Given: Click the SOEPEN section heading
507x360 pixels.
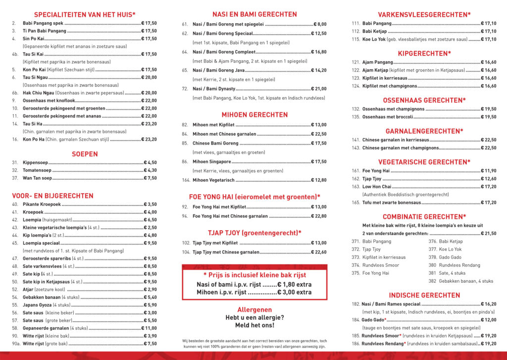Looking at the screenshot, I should coord(84,154).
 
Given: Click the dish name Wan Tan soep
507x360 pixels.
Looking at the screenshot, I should coord(37,178).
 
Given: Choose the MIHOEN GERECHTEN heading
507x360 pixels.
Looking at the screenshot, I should coord(254,114).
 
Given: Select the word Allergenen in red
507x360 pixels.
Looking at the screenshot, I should coord(254,309).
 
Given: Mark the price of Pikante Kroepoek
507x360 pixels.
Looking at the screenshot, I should coord(149,205).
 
